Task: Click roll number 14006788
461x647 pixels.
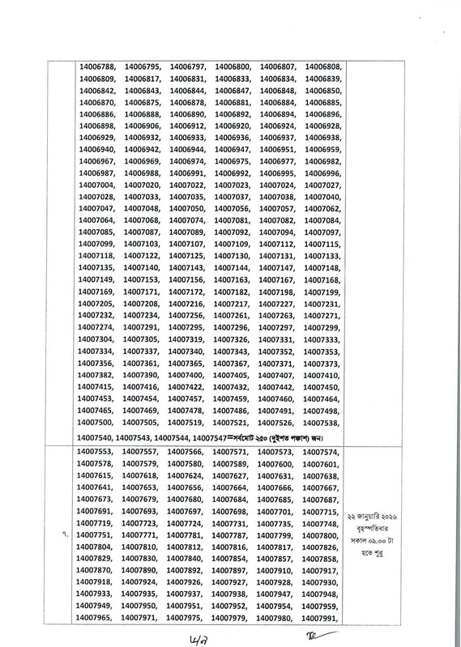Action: pos(97,66)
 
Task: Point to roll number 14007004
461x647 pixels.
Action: pos(97,185)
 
